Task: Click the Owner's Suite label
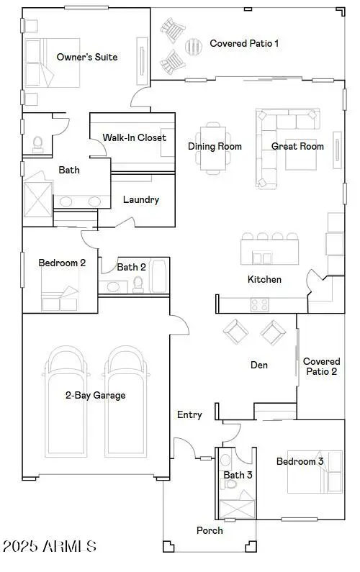(x=87, y=57)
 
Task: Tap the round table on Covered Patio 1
(x=194, y=46)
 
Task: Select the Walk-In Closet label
(x=134, y=137)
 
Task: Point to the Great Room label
(x=297, y=146)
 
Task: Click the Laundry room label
(x=140, y=199)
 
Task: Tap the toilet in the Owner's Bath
(x=37, y=145)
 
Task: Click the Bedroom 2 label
(x=62, y=263)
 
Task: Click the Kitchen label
(x=264, y=279)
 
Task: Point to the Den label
(x=258, y=365)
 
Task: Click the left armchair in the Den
(x=236, y=332)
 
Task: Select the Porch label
(x=210, y=530)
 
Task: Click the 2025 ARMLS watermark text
(x=49, y=547)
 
